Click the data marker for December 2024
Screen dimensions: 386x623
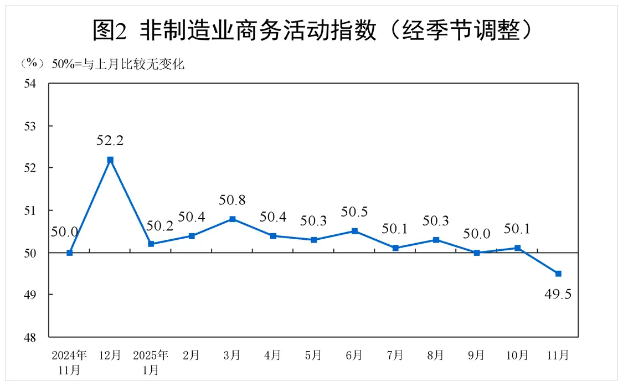(110, 160)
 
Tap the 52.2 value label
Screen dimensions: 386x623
(110, 141)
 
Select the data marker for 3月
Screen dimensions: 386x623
(233, 219)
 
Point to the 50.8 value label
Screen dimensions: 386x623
(233, 200)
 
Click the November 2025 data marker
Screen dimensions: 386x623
(558, 274)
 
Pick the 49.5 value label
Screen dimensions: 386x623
(558, 294)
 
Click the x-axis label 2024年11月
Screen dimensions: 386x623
(69, 362)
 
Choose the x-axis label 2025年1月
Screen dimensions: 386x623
(151, 362)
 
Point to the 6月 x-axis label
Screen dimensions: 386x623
(354, 355)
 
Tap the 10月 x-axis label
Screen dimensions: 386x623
(517, 355)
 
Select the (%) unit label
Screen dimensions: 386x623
(32, 64)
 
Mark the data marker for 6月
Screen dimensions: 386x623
(355, 231)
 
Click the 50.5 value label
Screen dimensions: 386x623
(354, 212)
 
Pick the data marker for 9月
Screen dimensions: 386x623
(477, 253)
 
